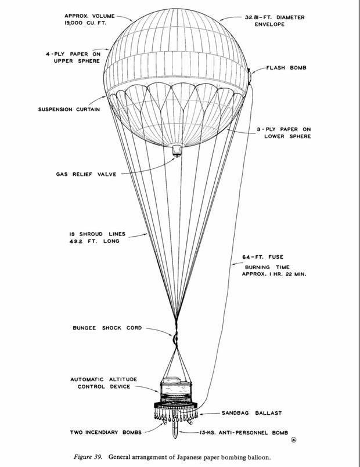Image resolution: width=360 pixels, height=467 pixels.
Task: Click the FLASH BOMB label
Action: [x=286, y=68]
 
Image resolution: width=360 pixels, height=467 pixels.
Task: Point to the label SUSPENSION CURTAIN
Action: [x=69, y=109]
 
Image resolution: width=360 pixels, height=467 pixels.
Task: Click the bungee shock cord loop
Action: [x=173, y=336]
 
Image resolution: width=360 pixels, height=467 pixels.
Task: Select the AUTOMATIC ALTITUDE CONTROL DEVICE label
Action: [x=104, y=383]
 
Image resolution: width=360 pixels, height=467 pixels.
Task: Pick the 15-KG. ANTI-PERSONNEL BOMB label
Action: [x=235, y=432]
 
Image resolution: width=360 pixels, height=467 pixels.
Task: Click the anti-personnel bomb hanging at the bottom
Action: [x=175, y=430]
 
